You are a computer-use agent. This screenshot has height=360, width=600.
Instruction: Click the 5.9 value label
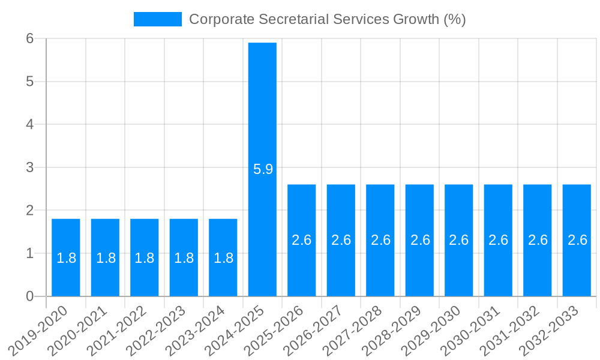click(x=263, y=169)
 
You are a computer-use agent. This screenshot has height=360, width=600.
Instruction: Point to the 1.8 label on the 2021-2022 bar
click(x=145, y=258)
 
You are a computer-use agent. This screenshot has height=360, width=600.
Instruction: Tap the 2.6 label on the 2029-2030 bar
click(x=459, y=240)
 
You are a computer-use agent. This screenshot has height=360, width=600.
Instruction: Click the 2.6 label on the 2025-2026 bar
click(x=302, y=240)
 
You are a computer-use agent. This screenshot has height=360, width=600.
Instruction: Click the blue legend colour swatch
click(x=157, y=19)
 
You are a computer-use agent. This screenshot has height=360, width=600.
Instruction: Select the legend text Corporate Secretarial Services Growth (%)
click(x=328, y=19)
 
